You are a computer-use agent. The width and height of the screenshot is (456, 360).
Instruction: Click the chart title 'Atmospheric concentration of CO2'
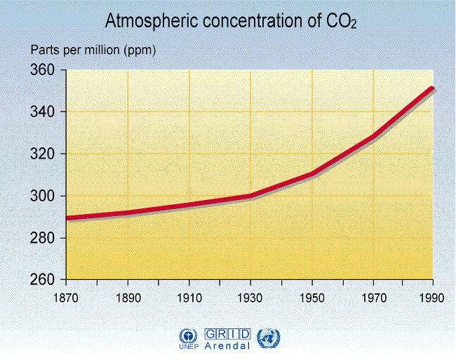pyautogui.click(x=231, y=22)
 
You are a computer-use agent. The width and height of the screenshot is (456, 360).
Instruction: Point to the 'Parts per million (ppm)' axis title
pyautogui.click(x=93, y=51)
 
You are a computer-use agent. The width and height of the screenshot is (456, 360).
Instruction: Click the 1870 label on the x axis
pyautogui.click(x=66, y=297)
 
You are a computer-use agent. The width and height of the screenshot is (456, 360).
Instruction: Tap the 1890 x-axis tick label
pyautogui.click(x=127, y=297)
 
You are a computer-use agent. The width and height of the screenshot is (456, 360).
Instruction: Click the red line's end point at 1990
pyautogui.click(x=432, y=88)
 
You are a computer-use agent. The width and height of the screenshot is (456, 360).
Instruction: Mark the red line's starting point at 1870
pyautogui.click(x=67, y=218)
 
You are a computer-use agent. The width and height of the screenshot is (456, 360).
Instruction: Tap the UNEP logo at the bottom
pyautogui.click(x=189, y=339)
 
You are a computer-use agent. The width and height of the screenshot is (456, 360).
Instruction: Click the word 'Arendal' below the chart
pyautogui.click(x=228, y=345)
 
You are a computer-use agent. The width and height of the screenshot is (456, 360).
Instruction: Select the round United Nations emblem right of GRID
pyautogui.click(x=267, y=338)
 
